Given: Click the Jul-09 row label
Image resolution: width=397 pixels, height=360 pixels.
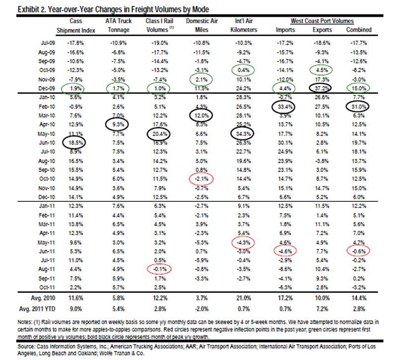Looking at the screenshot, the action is pos(48,43).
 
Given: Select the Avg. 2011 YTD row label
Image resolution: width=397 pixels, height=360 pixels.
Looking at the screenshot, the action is pos(37,309).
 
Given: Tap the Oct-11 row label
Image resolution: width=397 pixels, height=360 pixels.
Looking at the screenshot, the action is pos(47,288).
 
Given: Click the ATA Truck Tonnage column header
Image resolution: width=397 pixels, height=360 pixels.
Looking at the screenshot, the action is pos(119,25).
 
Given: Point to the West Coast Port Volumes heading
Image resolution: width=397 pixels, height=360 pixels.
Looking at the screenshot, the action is pos(322,21).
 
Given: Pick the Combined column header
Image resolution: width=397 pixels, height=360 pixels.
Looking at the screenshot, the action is pos(359,30).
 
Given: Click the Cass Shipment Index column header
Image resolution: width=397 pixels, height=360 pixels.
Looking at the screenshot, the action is pos(76,26).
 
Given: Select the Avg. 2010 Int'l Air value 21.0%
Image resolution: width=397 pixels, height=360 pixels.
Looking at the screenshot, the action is pos(244,298).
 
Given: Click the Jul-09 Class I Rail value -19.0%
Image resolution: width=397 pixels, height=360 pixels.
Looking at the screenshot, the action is pos(159,43).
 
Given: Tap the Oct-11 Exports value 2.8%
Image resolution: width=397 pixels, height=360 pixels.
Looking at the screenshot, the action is pos(322,288).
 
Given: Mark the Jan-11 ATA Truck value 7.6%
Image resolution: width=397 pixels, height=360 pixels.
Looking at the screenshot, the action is pos(118,206).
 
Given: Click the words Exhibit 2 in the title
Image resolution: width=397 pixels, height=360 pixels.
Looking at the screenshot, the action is pos(32,9).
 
